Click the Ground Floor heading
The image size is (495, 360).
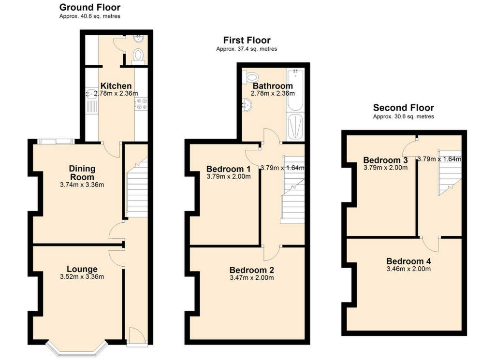click(89, 7)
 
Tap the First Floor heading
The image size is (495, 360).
click(247, 41)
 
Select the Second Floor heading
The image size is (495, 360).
click(404, 108)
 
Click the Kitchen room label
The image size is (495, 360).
click(116, 86)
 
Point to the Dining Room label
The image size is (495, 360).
click(82, 173)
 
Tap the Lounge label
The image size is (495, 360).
click(82, 269)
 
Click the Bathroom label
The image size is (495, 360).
click(273, 86)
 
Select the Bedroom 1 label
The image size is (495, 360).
click(229, 169)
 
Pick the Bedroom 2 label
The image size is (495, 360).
click(251, 270)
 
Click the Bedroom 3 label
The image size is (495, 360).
click(385, 160)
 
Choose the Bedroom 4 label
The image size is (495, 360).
click(408, 261)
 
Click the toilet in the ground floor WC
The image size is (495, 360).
click(138, 56)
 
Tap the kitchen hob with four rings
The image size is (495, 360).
click(141, 104)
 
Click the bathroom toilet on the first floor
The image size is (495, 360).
click(250, 77)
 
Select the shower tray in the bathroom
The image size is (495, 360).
click(295, 127)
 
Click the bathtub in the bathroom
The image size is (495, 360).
click(295, 89)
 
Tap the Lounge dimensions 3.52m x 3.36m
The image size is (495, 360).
click(82, 277)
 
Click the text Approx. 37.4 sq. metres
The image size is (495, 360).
click(247, 49)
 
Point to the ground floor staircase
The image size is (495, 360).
click(137, 187)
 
